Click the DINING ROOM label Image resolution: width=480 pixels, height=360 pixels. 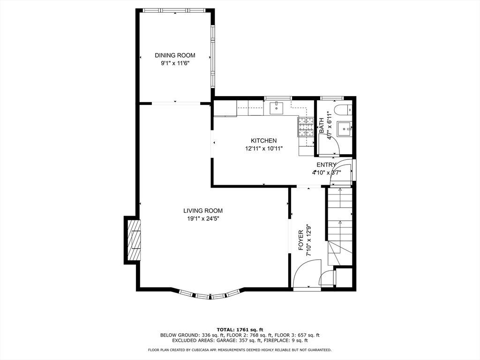tap(175, 55)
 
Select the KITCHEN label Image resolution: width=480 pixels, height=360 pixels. tap(263, 141)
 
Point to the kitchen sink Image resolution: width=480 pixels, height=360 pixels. tap(277, 108)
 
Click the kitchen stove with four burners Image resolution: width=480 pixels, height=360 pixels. tap(306, 127)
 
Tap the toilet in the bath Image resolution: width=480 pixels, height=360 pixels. tap(343, 110)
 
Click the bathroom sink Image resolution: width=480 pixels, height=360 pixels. tap(345, 129)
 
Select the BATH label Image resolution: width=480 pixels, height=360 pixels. tap(322, 126)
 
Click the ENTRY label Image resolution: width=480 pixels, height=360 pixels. tap(326, 165)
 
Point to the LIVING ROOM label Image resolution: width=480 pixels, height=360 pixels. tap(203, 210)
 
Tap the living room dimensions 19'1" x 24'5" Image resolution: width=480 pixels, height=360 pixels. tap(203, 218)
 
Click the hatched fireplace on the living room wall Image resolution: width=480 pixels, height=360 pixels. tap(135, 240)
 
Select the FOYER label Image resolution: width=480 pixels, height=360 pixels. tap(300, 240)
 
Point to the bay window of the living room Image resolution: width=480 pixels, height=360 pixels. tap(210, 294)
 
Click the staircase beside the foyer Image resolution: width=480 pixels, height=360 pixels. tap(340, 226)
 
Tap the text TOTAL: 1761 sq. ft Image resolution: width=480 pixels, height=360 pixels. tap(240, 330)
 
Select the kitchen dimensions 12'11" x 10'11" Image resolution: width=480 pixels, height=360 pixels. tap(263, 149)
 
